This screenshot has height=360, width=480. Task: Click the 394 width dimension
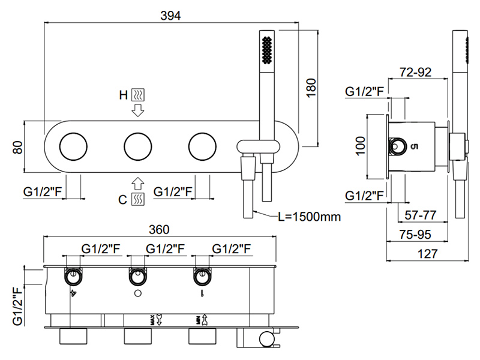click(172, 15)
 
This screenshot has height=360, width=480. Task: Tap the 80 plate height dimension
click(17, 147)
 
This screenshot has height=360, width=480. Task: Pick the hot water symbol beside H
click(138, 95)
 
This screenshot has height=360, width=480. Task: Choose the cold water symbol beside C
click(138, 199)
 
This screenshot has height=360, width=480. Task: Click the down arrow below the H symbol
click(138, 110)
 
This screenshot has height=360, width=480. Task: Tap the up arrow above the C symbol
click(138, 183)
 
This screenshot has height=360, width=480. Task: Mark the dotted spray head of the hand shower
click(266, 50)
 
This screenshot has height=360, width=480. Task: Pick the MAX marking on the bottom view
click(152, 319)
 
